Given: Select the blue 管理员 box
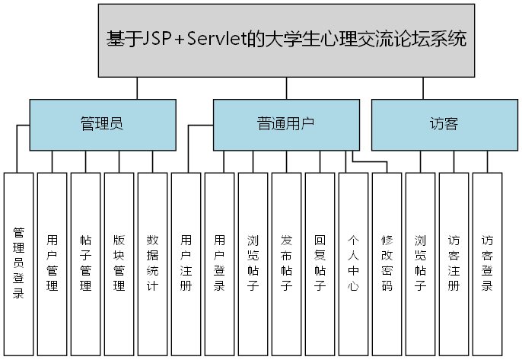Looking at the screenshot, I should (103, 124).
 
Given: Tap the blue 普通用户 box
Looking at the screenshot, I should (285, 124).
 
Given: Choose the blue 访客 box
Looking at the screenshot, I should (444, 124).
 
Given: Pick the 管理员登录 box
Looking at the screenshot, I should (19, 263).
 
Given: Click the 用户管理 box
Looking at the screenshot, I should (53, 263).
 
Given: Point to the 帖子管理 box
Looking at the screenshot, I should (86, 263).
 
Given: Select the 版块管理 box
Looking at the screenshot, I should (119, 263).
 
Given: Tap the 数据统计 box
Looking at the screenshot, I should (153, 263).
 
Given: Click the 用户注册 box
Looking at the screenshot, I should (186, 263).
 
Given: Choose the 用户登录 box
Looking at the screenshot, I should (220, 263).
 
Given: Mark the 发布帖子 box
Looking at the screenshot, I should (287, 263).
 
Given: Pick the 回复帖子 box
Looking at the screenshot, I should (320, 263).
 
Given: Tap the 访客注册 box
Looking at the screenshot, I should (454, 263).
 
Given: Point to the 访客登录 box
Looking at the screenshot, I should (488, 263).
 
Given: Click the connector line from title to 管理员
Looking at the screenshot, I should (137, 88).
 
